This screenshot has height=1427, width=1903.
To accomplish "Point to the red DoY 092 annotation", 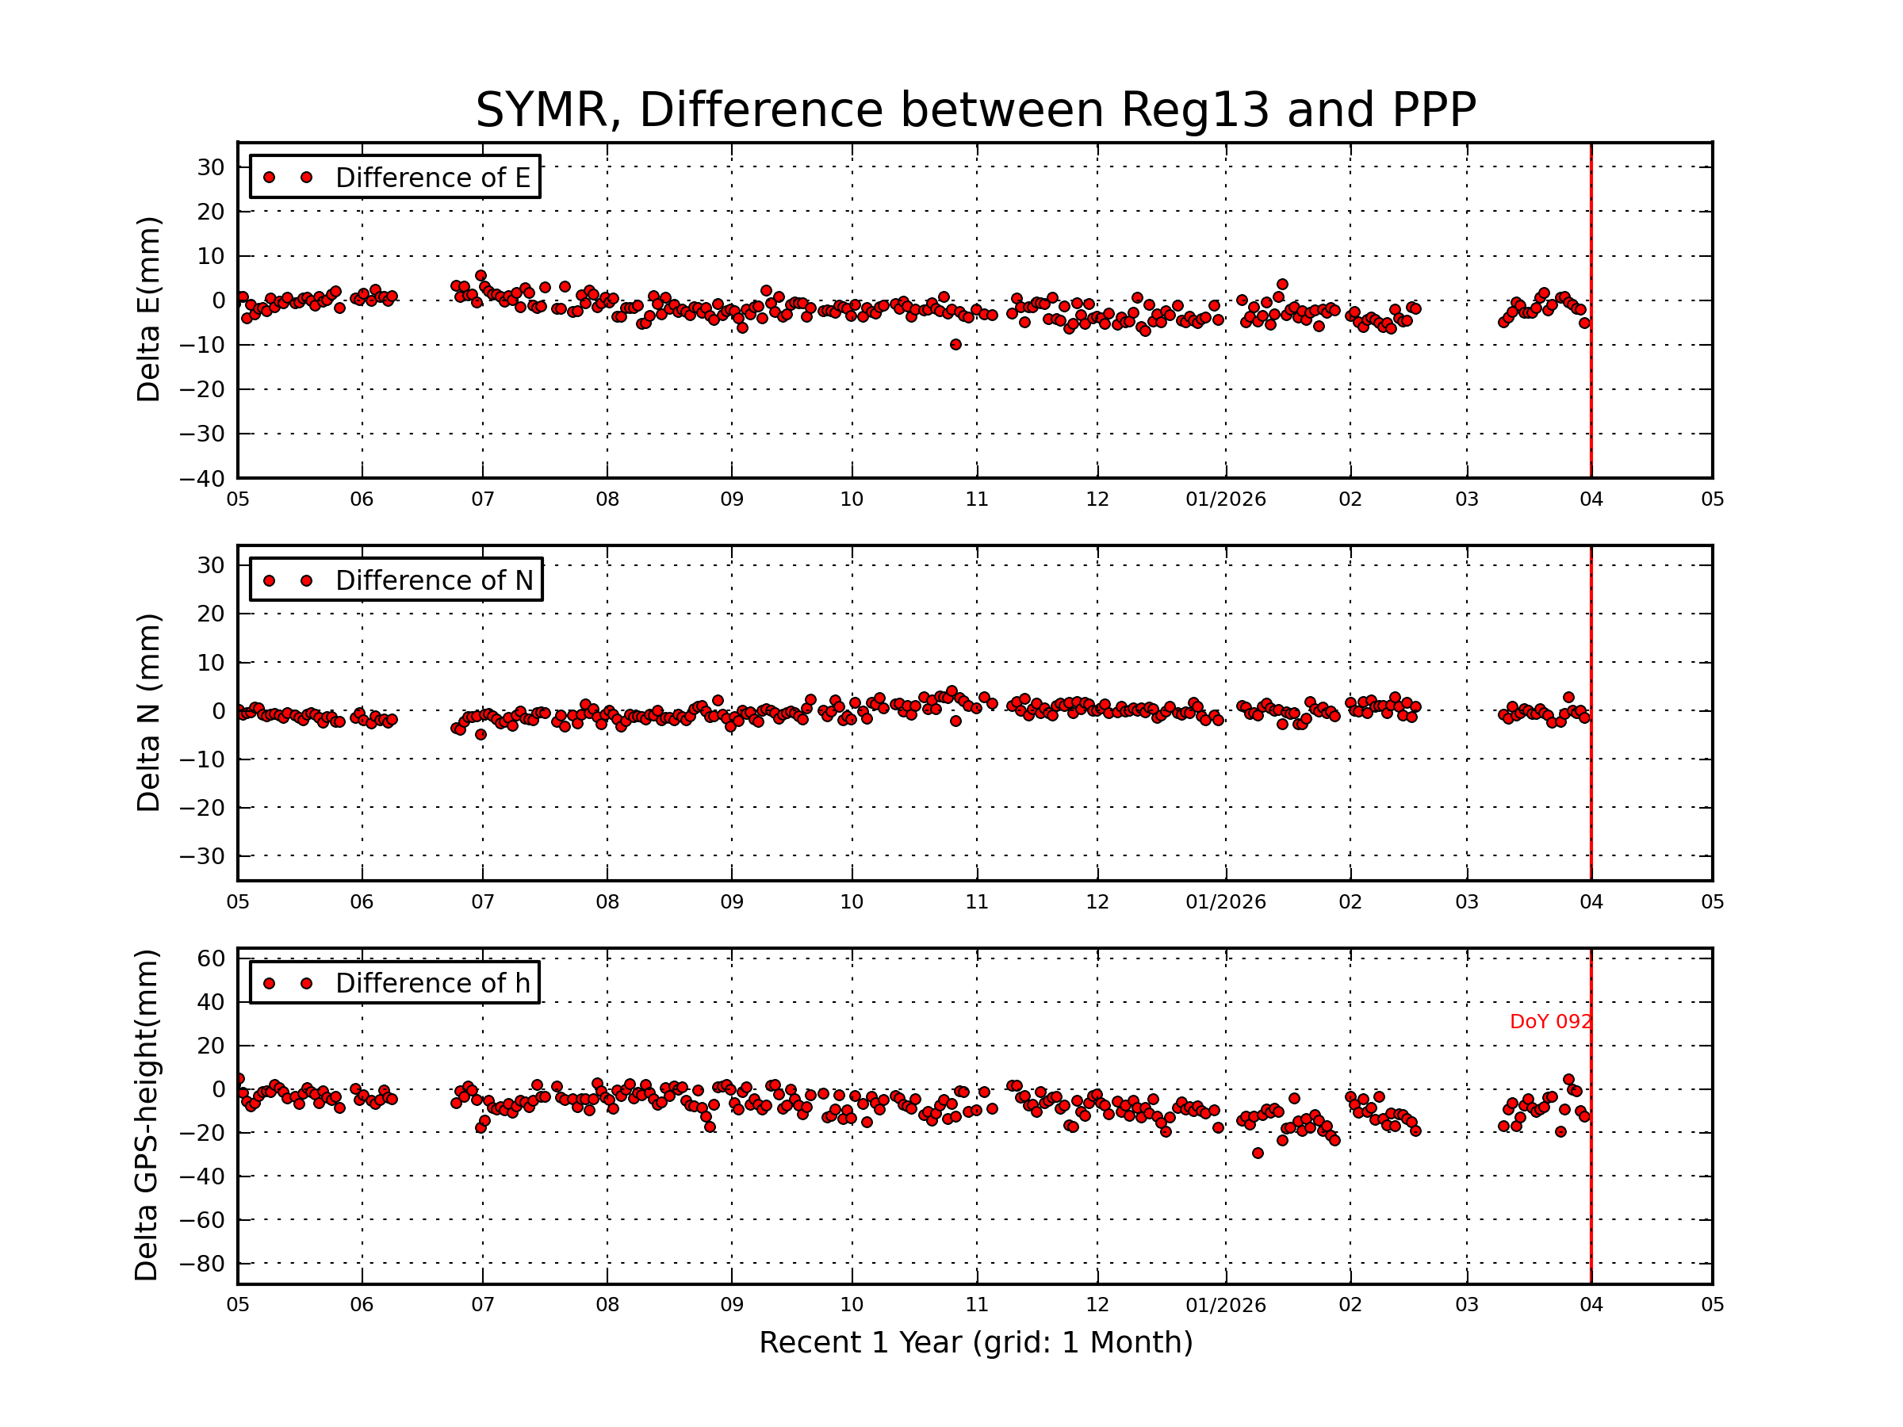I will [x=1550, y=1022].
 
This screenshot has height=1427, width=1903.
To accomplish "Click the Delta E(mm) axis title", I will [x=149, y=310].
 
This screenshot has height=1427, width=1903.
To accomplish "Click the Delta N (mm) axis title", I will [x=149, y=712].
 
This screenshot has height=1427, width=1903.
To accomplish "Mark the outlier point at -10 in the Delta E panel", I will [x=955, y=345].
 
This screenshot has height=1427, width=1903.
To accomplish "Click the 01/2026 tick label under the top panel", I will [x=1226, y=499].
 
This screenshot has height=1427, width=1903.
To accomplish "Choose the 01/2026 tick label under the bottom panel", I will [x=1226, y=1306].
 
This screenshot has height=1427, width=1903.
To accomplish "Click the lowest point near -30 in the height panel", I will [x=1258, y=1153].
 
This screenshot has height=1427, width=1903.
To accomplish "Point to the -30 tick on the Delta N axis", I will [x=202, y=857].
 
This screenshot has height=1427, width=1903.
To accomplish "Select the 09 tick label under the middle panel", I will [x=732, y=902].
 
